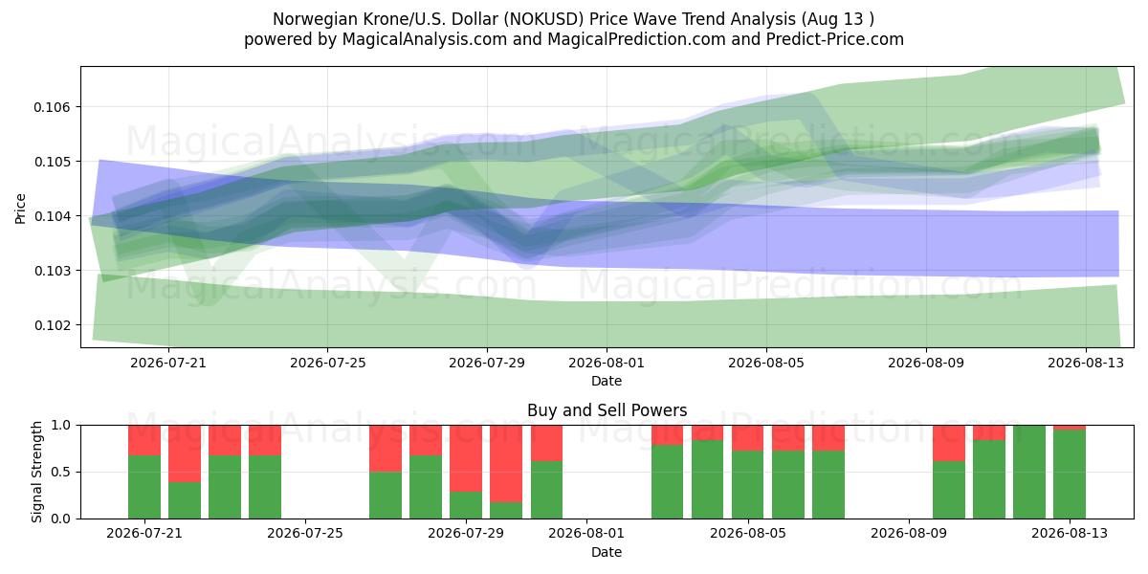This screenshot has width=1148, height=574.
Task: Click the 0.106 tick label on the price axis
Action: click(x=51, y=107)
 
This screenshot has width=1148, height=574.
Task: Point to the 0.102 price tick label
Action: click(x=51, y=325)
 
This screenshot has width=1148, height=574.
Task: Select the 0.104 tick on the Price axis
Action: click(x=51, y=216)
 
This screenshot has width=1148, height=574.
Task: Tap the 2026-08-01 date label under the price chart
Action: click(x=607, y=363)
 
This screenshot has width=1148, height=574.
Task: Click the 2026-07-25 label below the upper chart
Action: click(x=328, y=363)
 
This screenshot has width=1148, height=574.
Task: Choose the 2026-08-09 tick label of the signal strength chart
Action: click(x=909, y=534)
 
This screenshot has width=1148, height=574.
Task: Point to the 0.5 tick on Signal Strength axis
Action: click(x=61, y=472)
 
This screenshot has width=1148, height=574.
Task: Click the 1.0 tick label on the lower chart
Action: click(x=61, y=426)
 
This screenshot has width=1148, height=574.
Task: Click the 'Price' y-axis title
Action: click(x=20, y=209)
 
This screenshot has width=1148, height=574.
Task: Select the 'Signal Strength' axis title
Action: click(x=36, y=472)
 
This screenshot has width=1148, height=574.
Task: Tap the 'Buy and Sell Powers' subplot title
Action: click(x=607, y=410)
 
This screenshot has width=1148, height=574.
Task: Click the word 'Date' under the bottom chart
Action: click(x=607, y=552)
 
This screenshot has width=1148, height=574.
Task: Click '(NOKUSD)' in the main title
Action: click(x=543, y=19)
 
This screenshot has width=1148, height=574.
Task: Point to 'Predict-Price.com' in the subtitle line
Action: click(x=835, y=39)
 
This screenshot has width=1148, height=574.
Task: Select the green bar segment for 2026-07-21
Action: click(x=144, y=487)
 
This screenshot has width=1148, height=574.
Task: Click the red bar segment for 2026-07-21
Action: click(x=144, y=440)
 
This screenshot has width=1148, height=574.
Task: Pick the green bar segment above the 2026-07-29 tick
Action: click(x=466, y=505)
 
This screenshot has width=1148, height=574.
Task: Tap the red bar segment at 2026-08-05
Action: click(x=748, y=438)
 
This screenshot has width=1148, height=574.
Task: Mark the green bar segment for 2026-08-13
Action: click(x=1070, y=475)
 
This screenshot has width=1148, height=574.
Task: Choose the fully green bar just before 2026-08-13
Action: click(x=1029, y=472)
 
